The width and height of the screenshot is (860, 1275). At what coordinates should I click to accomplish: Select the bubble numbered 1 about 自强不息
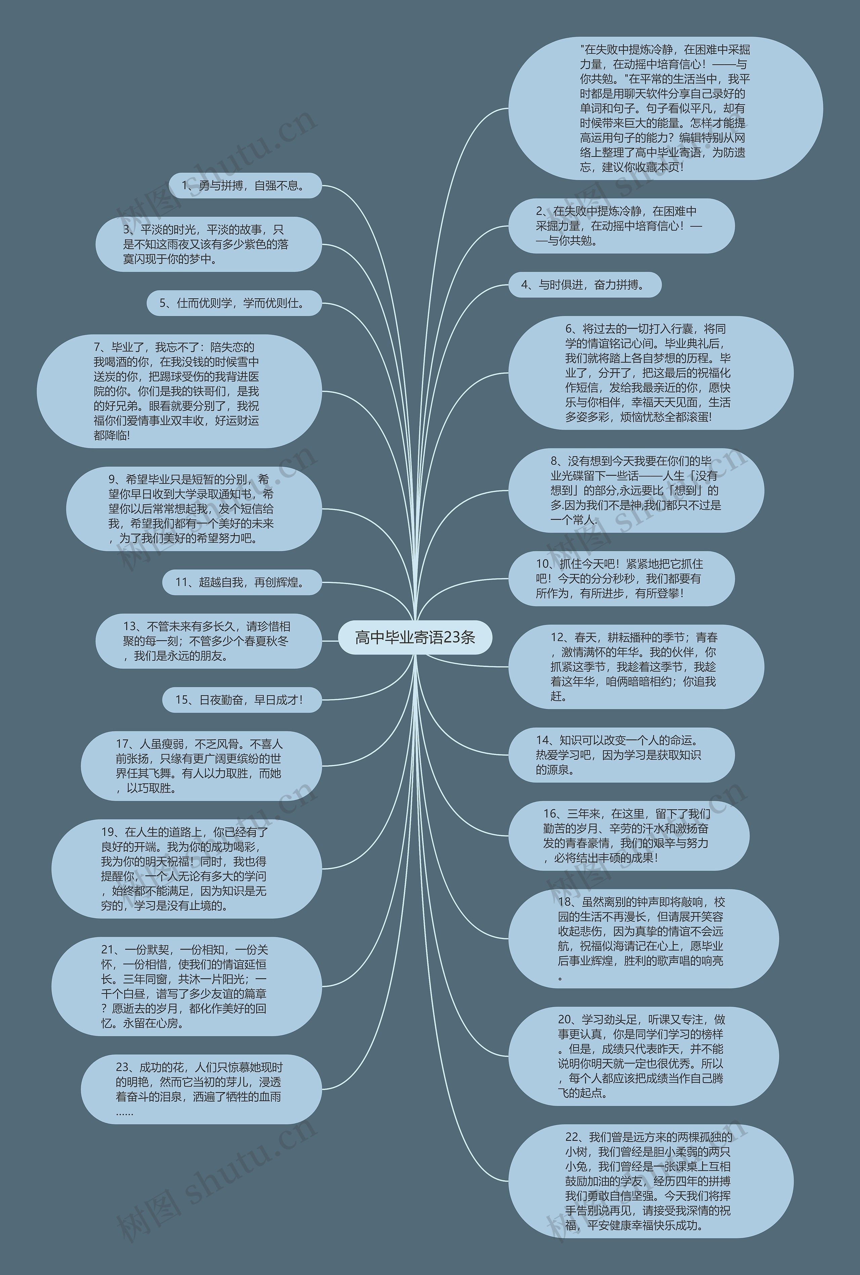244,186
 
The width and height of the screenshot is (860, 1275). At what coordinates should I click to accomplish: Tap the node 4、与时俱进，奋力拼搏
584,284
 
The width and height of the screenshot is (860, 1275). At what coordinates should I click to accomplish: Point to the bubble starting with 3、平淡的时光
208,244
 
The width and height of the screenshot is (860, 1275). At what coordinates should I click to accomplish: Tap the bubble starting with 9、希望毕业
193,509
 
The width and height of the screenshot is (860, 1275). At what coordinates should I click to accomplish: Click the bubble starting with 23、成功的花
201,1089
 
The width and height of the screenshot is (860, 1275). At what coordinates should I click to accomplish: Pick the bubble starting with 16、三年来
629,836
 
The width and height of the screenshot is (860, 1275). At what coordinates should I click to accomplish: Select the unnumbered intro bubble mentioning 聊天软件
665,108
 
